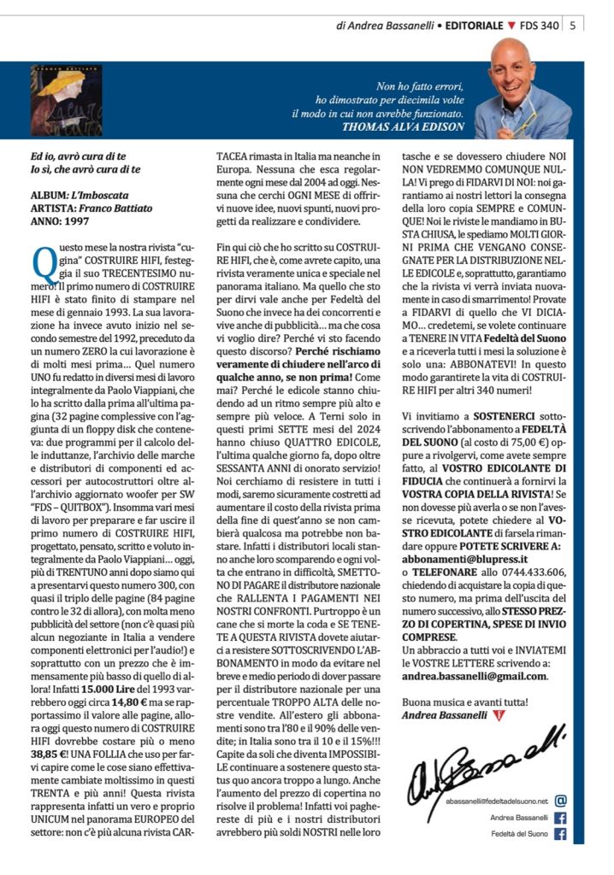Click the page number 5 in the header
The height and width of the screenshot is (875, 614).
coord(572,26)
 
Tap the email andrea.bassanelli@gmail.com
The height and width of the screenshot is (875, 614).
coord(475,675)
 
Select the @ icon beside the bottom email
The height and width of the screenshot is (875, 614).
coord(561,801)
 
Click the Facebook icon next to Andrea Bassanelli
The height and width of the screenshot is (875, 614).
coord(561,818)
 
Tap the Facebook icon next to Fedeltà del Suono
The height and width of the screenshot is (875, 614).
coord(561,834)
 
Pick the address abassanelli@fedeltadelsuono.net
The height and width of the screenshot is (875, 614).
coord(496,802)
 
